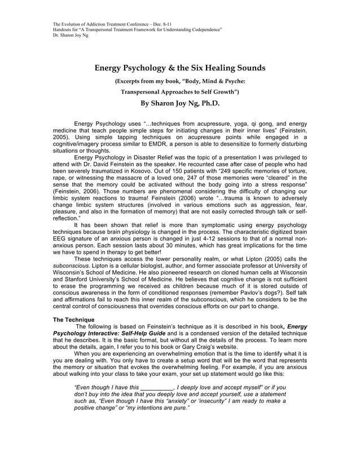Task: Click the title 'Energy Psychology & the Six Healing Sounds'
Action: click(x=179, y=68)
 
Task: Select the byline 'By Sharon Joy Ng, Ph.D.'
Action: click(x=179, y=104)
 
